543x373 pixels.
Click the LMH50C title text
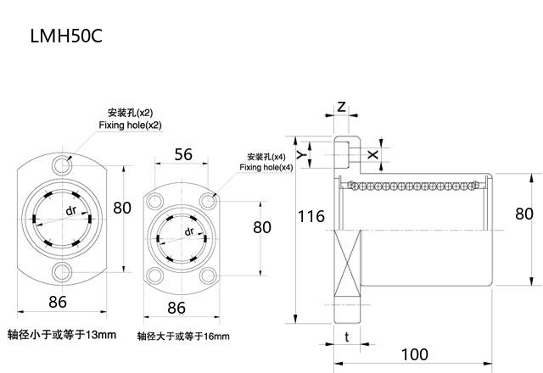pyautogui.click(x=66, y=36)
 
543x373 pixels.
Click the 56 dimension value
pyautogui.click(x=183, y=154)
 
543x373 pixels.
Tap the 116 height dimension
pyautogui.click(x=311, y=216)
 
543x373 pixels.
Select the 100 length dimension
pyautogui.click(x=414, y=354)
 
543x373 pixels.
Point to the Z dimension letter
pyautogui.click(x=341, y=106)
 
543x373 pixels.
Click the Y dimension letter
pyautogui.click(x=302, y=154)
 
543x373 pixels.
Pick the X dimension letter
pyautogui.click(x=372, y=154)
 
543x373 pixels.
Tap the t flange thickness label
pyautogui.click(x=347, y=337)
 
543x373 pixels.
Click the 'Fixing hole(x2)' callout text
pyautogui.click(x=130, y=125)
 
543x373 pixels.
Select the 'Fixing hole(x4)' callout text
pyautogui.click(x=266, y=168)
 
